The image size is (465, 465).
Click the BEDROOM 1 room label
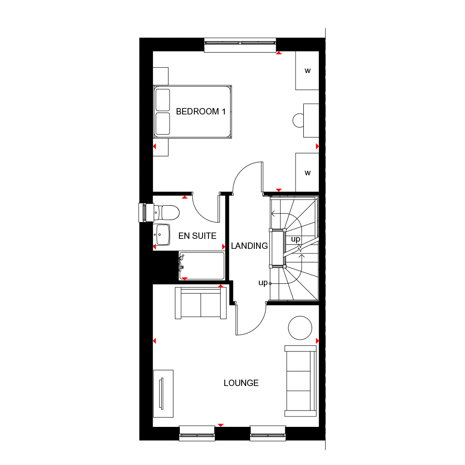click(x=201, y=112)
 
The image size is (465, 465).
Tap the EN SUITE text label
click(x=197, y=236)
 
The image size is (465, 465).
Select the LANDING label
click(x=249, y=246)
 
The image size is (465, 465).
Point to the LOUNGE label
click(x=241, y=383)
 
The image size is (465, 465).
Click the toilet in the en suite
click(x=167, y=213)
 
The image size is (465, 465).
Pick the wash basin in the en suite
click(x=162, y=235)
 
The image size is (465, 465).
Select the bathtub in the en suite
click(x=202, y=266)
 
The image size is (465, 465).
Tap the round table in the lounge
click(x=300, y=328)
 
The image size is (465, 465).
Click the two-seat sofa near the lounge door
click(x=201, y=303)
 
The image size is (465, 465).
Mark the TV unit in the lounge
click(x=163, y=394)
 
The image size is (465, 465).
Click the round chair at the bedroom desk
click(x=298, y=120)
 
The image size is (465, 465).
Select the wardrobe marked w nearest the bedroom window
click(x=307, y=70)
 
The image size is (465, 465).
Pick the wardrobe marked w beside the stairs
click(x=307, y=172)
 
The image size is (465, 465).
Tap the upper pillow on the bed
click(x=163, y=100)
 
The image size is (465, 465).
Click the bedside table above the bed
click(x=161, y=76)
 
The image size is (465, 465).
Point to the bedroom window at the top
click(x=240, y=45)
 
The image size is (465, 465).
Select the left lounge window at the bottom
click(x=197, y=433)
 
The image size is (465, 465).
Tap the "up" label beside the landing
click(x=263, y=282)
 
